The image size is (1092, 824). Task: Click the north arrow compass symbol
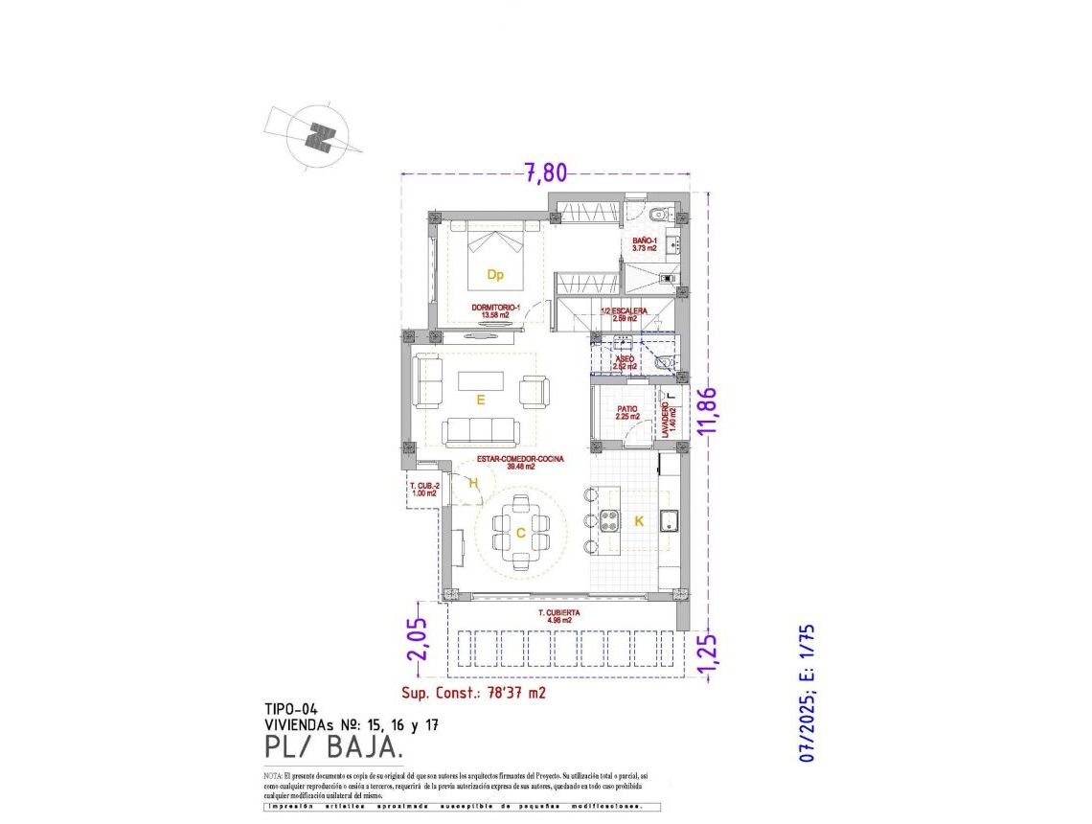(318, 135)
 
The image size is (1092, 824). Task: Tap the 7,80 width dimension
(545, 172)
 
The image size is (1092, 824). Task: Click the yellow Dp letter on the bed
(495, 275)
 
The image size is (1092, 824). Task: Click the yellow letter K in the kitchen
(638, 521)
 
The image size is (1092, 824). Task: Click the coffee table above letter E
(480, 380)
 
